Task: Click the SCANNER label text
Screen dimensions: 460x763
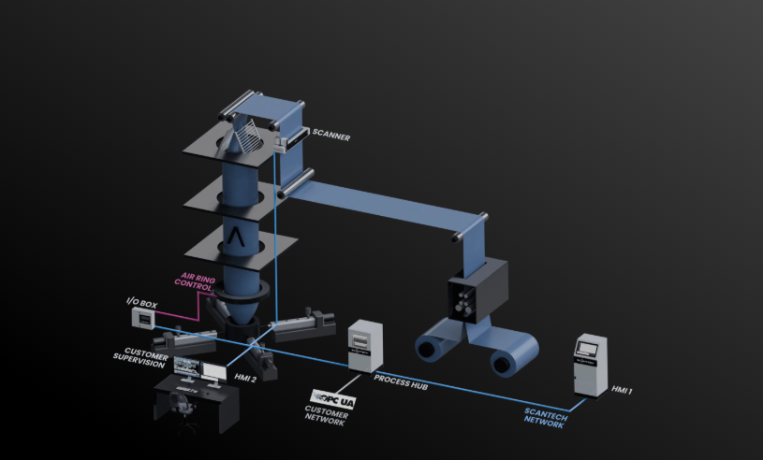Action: tap(331, 137)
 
